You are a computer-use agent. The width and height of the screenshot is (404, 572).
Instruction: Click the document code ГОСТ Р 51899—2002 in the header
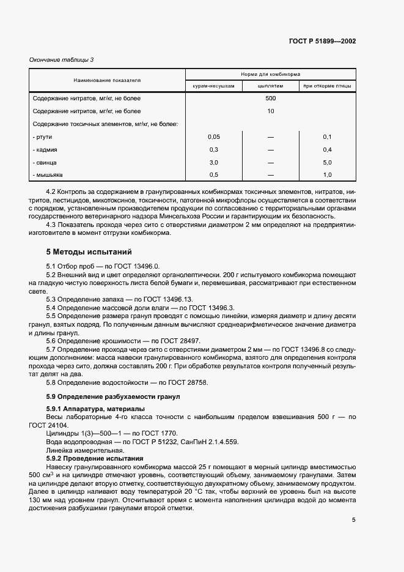pyautogui.click(x=322, y=42)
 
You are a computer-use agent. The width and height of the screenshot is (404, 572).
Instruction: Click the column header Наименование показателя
pyautogui.click(x=107, y=80)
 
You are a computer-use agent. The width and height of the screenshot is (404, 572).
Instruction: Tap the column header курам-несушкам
pyautogui.click(x=213, y=86)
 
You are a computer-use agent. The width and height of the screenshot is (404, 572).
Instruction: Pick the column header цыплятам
pyautogui.click(x=270, y=86)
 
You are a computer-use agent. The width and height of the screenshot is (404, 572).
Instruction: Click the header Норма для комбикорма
pyautogui.click(x=270, y=75)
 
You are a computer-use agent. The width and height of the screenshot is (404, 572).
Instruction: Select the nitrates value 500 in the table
pyautogui.click(x=270, y=98)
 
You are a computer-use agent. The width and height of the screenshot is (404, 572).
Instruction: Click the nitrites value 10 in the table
pyautogui.click(x=270, y=111)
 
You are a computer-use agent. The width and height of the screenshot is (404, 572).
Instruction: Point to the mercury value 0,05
pyautogui.click(x=213, y=136)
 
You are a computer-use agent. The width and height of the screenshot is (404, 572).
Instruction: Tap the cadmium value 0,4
pyautogui.click(x=327, y=149)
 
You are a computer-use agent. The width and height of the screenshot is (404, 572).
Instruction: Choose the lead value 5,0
pyautogui.click(x=327, y=163)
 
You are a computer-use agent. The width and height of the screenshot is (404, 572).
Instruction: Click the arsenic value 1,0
pyautogui.click(x=327, y=176)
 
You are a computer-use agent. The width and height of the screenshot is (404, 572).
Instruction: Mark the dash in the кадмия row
pyautogui.click(x=270, y=149)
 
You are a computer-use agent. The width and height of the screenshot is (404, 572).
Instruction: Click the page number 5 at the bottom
pyautogui.click(x=353, y=520)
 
